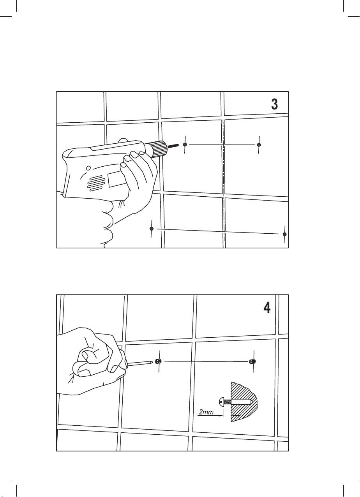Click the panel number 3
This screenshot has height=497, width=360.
[x=274, y=104]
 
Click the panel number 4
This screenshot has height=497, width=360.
[x=266, y=307]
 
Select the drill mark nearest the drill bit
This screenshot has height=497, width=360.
[x=185, y=145]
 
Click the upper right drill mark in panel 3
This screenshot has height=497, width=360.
[x=259, y=145]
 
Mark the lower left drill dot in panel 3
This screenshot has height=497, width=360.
[x=152, y=228]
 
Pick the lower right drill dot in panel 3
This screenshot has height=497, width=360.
[x=285, y=234]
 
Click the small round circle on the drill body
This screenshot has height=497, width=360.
[x=88, y=168]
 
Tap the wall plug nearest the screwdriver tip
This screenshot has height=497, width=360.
[x=158, y=361]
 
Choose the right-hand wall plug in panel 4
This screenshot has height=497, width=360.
[x=252, y=362]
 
